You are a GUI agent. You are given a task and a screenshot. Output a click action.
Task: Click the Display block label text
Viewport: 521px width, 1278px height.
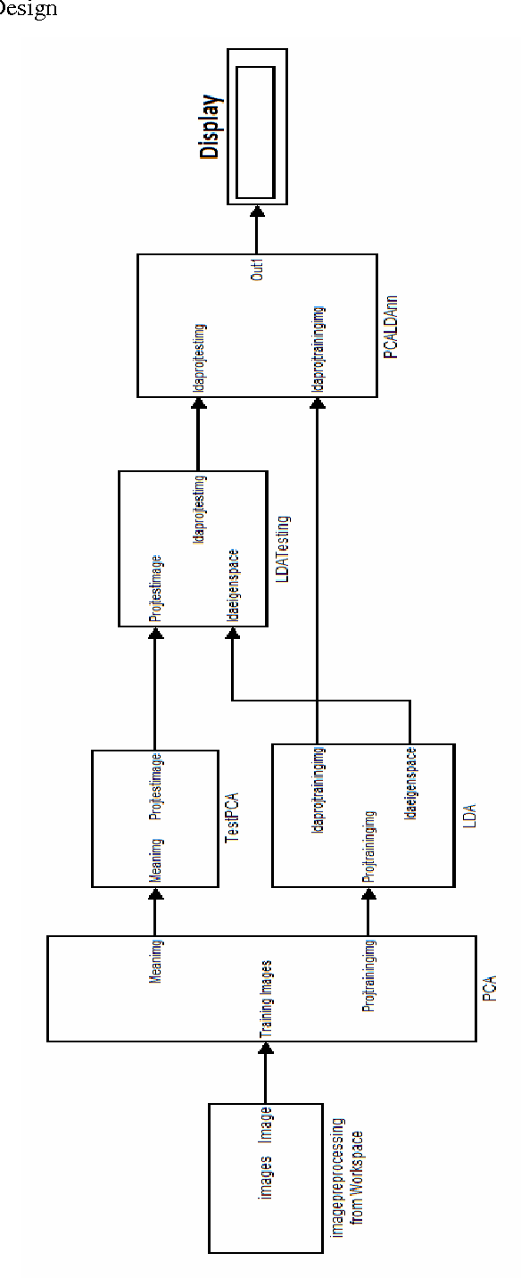[210, 126]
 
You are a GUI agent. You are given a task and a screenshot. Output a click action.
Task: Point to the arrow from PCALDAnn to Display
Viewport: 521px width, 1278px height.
[257, 229]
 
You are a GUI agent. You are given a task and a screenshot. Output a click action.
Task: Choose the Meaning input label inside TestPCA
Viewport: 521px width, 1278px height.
[155, 859]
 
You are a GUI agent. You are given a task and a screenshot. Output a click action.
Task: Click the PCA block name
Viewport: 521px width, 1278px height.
[489, 988]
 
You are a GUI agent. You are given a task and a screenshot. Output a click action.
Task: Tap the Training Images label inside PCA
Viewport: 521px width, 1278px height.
[266, 1000]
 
